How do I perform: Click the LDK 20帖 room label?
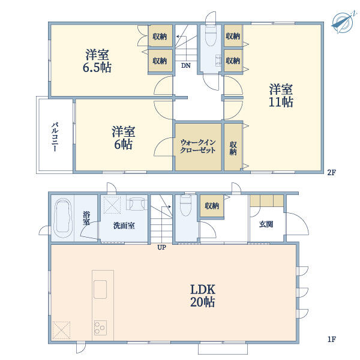point(203,296)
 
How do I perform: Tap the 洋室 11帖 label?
point(281,95)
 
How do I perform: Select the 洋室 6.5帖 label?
point(97,61)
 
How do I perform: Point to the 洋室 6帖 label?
point(123,138)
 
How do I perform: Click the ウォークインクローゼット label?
point(198,146)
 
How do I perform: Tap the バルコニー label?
point(55,137)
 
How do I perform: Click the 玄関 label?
point(266,224)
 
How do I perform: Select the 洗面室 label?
point(124,226)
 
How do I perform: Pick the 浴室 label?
point(86,218)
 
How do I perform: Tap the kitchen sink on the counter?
point(100,289)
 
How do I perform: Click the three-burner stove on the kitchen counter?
point(100,328)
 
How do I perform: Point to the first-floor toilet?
point(186,206)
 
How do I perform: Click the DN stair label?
point(186,65)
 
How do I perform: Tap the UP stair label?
point(161,247)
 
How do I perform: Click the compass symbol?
point(343,23)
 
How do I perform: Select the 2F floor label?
point(332,172)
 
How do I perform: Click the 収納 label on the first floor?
point(212,206)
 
